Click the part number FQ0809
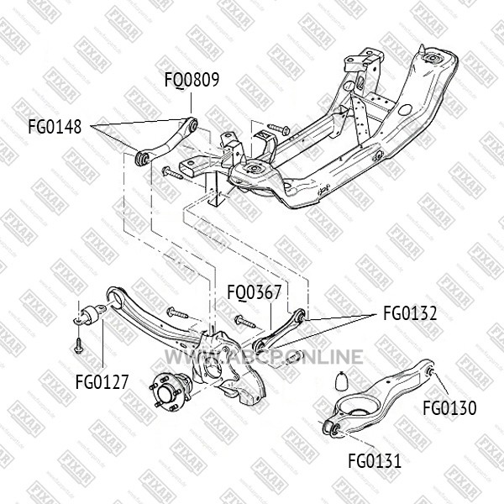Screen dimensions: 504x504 [192, 80]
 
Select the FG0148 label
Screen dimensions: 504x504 [55, 126]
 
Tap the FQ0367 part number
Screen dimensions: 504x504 [255, 292]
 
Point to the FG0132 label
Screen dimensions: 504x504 [410, 313]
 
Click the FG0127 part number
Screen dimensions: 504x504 [102, 382]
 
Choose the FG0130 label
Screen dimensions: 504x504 [449, 408]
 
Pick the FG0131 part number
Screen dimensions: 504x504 [375, 461]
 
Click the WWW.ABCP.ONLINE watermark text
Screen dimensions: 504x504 [265, 357]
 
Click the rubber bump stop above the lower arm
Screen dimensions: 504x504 [342, 381]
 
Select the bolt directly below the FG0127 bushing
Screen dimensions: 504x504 [77, 345]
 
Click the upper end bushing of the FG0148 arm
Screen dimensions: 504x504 [192, 124]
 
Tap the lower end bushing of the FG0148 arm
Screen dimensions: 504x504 [142, 159]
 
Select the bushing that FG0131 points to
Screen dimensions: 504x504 [333, 428]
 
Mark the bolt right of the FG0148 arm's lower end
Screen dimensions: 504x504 [172, 173]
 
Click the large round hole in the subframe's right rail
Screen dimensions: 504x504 [405, 110]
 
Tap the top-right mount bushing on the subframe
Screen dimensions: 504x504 [432, 59]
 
